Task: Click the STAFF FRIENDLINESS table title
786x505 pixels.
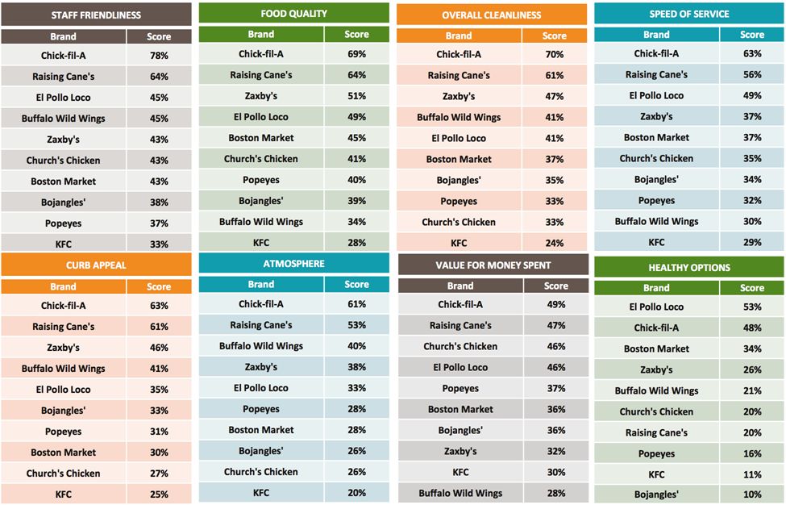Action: click(96, 15)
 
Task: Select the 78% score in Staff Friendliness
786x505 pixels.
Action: click(159, 56)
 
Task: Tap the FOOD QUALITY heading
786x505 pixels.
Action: click(293, 14)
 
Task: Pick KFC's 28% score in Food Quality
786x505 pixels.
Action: click(356, 243)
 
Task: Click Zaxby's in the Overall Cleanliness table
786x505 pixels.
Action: click(459, 97)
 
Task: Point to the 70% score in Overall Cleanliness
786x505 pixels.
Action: click(554, 55)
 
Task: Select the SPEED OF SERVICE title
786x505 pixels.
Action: click(688, 14)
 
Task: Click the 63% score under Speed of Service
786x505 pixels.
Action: click(752, 54)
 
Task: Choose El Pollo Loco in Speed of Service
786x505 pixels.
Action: click(656, 96)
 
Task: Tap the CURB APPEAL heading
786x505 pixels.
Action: click(96, 265)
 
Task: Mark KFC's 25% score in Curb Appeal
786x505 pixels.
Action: click(159, 495)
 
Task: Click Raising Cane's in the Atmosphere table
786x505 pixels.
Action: click(261, 325)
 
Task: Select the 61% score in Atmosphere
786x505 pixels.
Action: click(356, 304)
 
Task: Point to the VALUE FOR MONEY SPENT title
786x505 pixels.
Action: click(493, 265)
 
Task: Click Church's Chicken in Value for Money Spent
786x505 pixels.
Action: click(460, 347)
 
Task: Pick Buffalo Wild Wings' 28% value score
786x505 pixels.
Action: click(555, 494)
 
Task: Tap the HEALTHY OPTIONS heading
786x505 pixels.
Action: click(688, 268)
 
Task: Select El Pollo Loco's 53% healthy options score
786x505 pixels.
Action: click(752, 307)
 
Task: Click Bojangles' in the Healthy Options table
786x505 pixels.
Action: click(656, 495)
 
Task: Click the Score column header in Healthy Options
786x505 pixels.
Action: click(752, 288)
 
